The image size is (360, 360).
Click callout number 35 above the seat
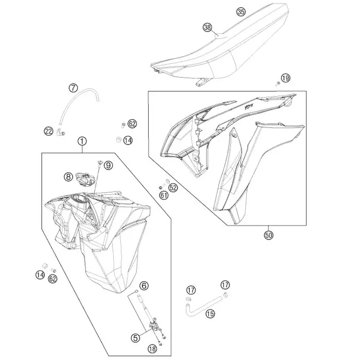click(241, 12)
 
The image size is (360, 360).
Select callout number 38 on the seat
click(207, 28)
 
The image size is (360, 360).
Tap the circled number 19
click(285, 78)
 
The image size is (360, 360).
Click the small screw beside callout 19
click(278, 84)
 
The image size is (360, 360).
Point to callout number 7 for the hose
click(73, 88)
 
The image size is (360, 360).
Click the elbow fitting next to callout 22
click(61, 132)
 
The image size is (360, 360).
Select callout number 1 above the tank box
click(82, 141)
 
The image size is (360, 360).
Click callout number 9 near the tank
click(108, 165)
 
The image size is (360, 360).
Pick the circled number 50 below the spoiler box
click(268, 235)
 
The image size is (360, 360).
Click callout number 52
click(173, 188)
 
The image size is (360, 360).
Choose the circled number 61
click(164, 195)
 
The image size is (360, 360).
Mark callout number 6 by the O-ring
click(144, 285)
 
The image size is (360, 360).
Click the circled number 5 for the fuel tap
click(135, 338)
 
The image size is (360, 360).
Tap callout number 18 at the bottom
click(152, 349)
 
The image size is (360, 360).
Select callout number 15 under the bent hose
click(210, 314)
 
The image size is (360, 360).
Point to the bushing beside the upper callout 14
click(119, 139)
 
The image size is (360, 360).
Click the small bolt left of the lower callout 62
click(53, 270)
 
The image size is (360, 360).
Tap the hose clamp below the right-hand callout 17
click(225, 294)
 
